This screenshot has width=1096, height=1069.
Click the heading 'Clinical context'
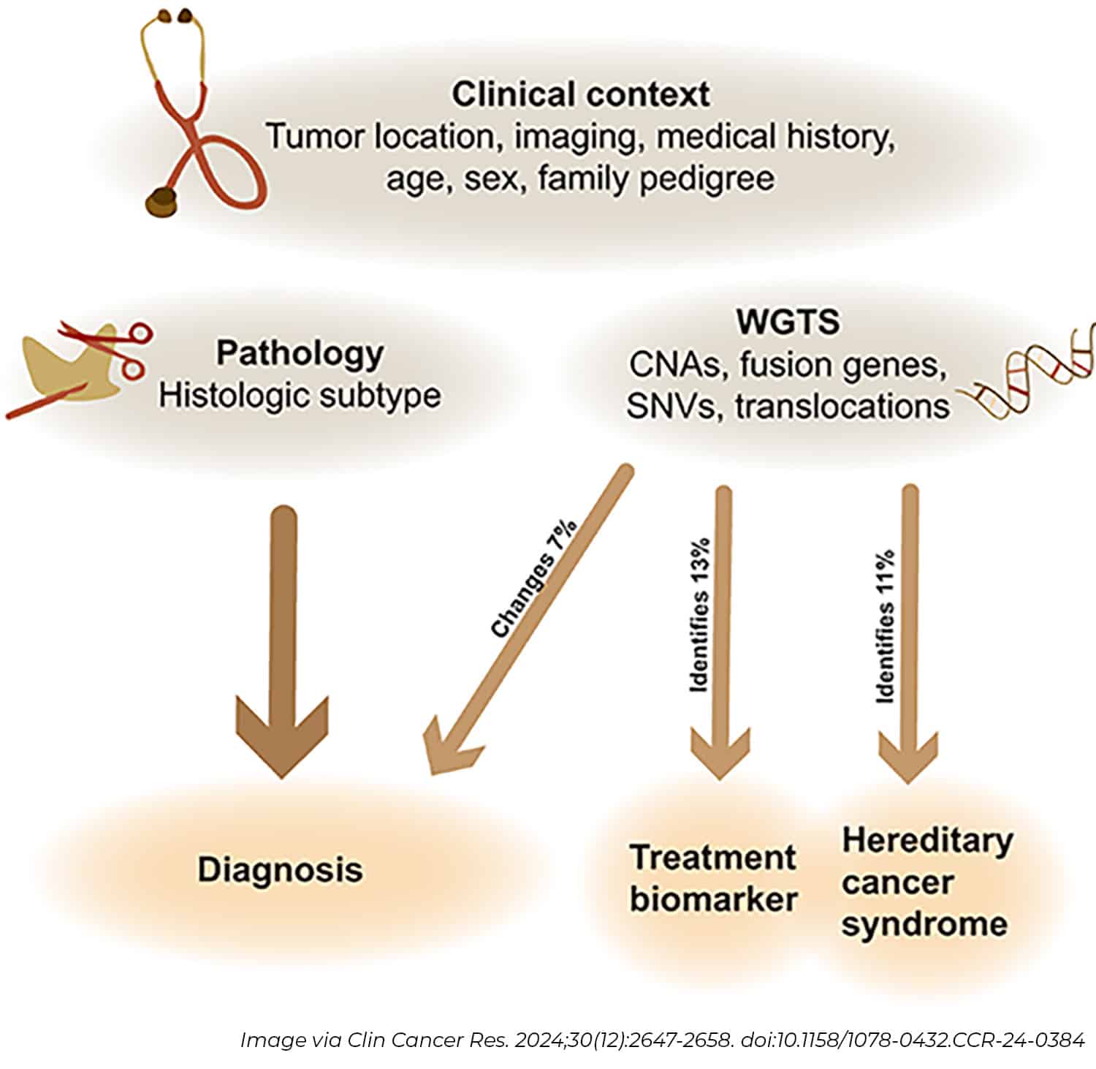581,95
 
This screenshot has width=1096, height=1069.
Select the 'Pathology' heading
300,353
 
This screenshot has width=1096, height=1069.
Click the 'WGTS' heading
788,322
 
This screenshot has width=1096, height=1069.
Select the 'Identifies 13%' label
700,616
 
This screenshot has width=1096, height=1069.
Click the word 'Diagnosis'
281,870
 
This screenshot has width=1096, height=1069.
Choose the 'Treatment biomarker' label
713,878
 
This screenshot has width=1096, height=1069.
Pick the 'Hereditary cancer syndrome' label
926,882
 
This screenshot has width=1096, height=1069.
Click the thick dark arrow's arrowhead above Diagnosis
281,739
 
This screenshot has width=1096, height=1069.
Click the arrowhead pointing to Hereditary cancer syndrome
907,757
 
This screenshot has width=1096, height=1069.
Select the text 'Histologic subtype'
300,396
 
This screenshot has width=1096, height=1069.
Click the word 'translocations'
842,406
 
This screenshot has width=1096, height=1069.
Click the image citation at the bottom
661,1040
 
